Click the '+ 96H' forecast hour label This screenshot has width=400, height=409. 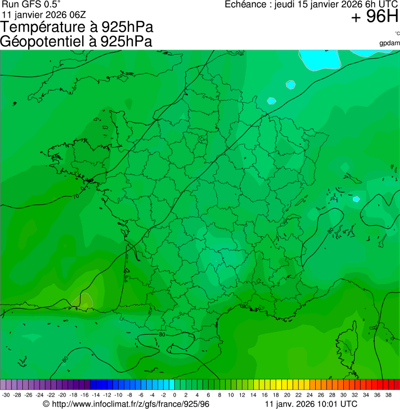375,17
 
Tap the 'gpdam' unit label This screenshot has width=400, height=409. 390,43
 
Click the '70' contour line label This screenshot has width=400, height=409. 76,197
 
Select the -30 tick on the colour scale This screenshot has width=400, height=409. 6,395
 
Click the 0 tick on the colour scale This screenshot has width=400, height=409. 174,395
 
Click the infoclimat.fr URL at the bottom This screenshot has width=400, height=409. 130,404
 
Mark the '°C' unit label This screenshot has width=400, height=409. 397,34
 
